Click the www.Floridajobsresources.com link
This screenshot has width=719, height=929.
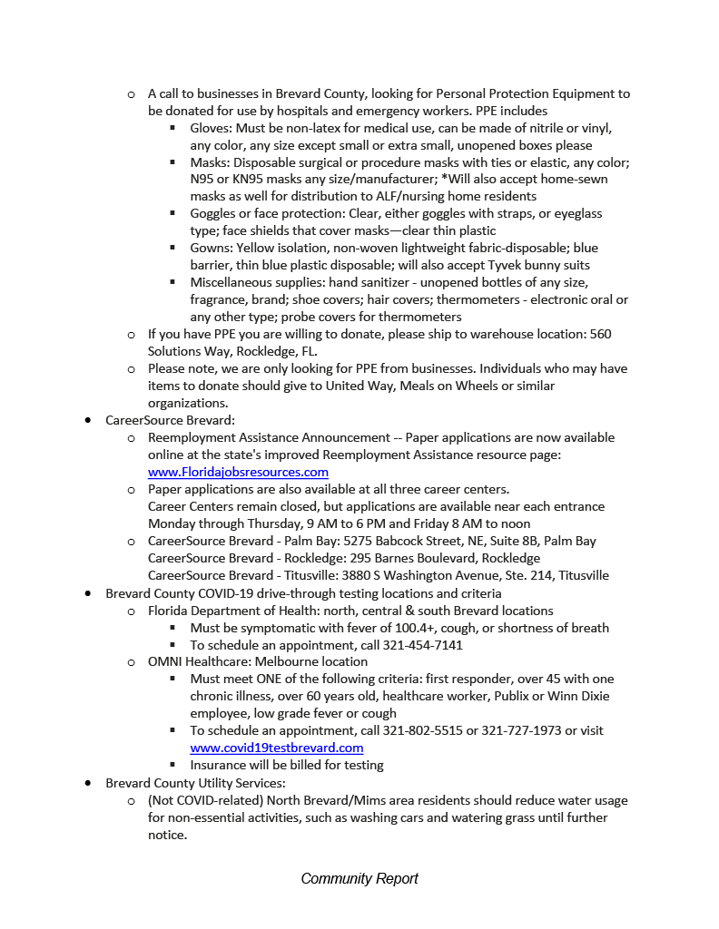point(238,472)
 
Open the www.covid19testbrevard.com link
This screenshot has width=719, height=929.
point(276,748)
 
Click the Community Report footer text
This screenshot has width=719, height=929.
point(359,878)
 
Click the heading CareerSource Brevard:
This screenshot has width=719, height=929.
point(170,420)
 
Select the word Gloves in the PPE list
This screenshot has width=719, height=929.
point(210,128)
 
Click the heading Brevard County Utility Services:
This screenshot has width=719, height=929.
point(195,783)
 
